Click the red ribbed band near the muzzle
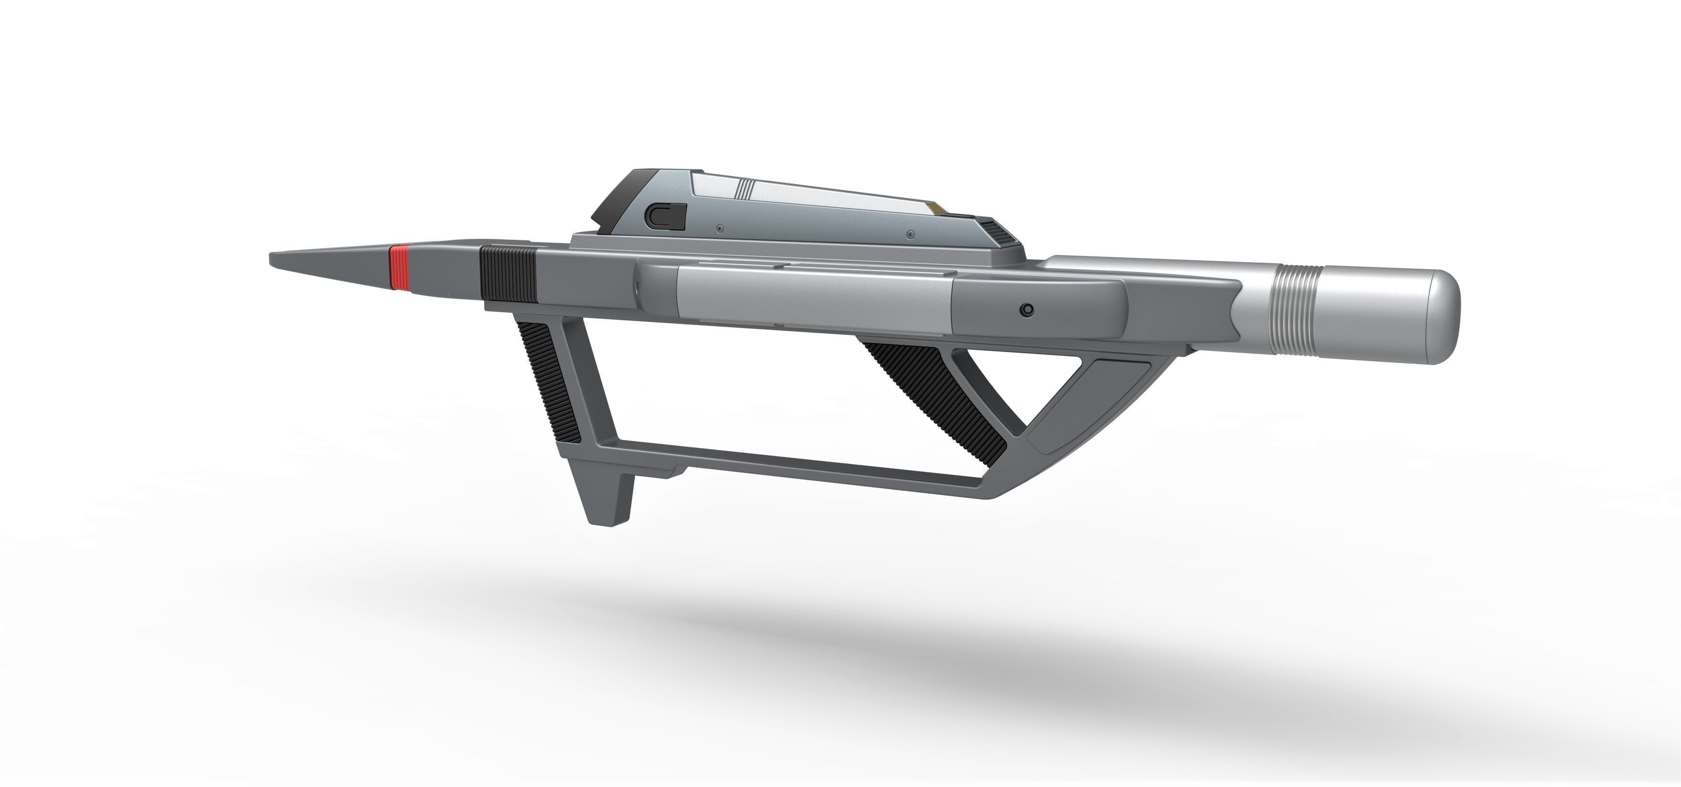[399, 268]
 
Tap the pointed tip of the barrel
[274, 258]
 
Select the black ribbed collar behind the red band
[507, 272]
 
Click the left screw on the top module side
[719, 228]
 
